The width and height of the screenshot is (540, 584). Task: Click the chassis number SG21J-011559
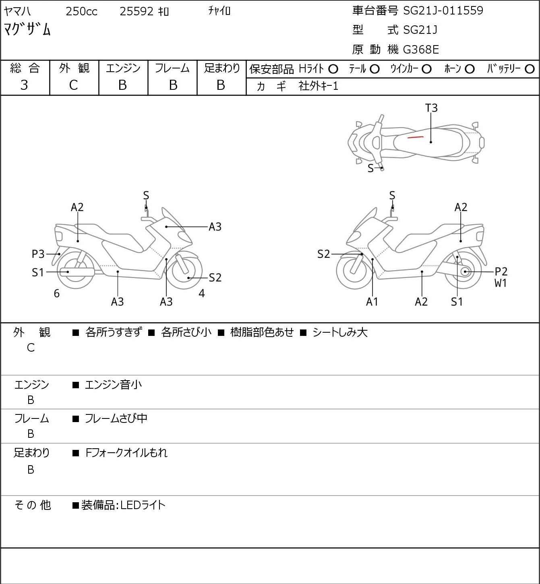tap(443, 10)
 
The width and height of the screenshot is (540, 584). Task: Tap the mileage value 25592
tap(137, 11)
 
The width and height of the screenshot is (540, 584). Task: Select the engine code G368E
tap(421, 50)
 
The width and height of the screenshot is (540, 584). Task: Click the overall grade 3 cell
tap(24, 85)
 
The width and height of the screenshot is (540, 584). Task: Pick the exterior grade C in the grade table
tap(73, 85)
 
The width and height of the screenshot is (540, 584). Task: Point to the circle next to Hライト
tap(333, 69)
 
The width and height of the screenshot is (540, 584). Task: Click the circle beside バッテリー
tap(530, 69)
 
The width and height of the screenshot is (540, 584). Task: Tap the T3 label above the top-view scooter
tap(431, 108)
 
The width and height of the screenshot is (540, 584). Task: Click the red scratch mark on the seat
tap(415, 137)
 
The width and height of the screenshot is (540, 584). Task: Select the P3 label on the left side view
tap(38, 254)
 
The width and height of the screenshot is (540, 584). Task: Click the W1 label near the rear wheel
tap(501, 283)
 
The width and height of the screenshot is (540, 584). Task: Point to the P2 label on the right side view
tap(501, 271)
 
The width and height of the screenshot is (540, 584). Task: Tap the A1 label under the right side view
tap(372, 302)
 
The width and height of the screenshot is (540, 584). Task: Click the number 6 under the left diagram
tap(57, 294)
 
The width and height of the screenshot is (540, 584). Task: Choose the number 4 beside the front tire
tap(202, 294)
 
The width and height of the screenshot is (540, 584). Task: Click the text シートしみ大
tap(340, 332)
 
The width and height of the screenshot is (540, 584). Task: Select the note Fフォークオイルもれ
tap(126, 453)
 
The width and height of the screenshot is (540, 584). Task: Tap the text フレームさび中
tap(116, 418)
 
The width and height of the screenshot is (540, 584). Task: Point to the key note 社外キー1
tap(318, 86)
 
